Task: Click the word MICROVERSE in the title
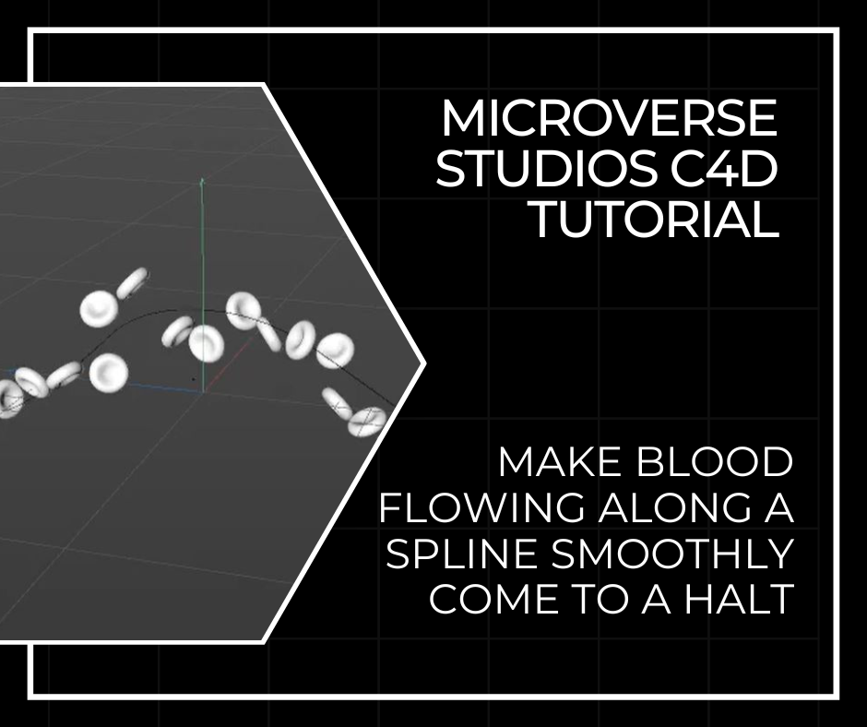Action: [x=610, y=118]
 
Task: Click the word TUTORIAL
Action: [x=654, y=220]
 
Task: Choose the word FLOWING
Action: [x=481, y=508]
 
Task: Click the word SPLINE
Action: [x=462, y=554]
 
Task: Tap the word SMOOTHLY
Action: [x=672, y=554]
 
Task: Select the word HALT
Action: [x=740, y=599]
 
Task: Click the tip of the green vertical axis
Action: [x=202, y=179]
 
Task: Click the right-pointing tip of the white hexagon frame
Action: [x=424, y=363]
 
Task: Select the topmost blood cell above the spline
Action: [x=132, y=282]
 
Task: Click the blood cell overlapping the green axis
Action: [x=207, y=343]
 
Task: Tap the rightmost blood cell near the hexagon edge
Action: [x=366, y=422]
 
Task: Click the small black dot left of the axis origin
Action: [x=193, y=379]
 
